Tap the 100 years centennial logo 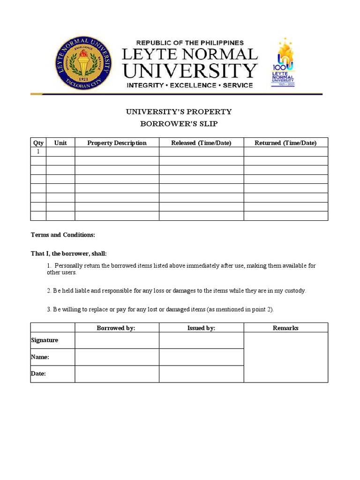(x=283, y=63)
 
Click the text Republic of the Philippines (x=190, y=43)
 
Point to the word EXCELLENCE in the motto (x=192, y=85)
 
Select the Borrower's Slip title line (x=179, y=124)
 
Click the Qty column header (x=38, y=143)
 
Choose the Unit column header (x=60, y=143)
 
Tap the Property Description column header (x=117, y=143)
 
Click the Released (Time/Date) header (x=201, y=143)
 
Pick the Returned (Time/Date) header (x=285, y=143)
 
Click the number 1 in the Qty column (x=38, y=152)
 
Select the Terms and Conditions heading (x=63, y=235)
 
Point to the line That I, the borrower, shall (x=69, y=254)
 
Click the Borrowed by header (x=116, y=328)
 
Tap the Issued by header (x=201, y=328)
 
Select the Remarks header (x=285, y=328)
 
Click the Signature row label (x=45, y=340)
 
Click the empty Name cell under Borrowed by (x=117, y=357)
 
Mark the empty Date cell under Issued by (x=201, y=374)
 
